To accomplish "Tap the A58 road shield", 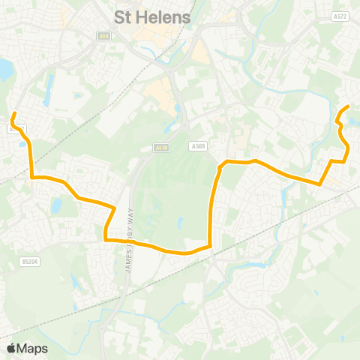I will (x=103, y=34).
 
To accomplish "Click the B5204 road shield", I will (x=28, y=262).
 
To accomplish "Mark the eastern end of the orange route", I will (x=349, y=107).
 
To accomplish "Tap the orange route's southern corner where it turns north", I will (x=211, y=244).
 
